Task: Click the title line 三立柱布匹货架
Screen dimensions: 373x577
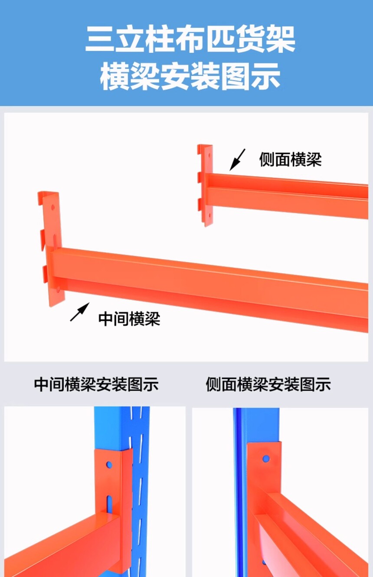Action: (x=190, y=39)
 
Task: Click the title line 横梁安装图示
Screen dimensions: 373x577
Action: (x=190, y=76)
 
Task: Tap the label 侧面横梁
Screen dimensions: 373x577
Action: (x=291, y=160)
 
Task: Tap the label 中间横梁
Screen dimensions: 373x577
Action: (x=129, y=319)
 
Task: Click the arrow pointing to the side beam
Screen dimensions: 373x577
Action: (x=237, y=160)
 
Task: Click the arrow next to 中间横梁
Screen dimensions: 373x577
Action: (x=80, y=312)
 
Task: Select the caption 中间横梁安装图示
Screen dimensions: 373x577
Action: (x=96, y=385)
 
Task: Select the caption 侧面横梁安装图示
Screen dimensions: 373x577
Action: (x=268, y=385)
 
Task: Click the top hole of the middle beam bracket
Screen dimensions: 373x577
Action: (x=53, y=207)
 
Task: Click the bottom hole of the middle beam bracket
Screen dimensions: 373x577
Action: (x=58, y=289)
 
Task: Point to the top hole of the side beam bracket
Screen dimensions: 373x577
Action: (x=209, y=156)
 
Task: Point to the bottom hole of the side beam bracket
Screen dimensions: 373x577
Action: (x=209, y=215)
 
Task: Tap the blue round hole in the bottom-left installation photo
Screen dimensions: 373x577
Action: (x=109, y=465)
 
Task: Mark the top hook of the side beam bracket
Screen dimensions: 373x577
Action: (x=200, y=150)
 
